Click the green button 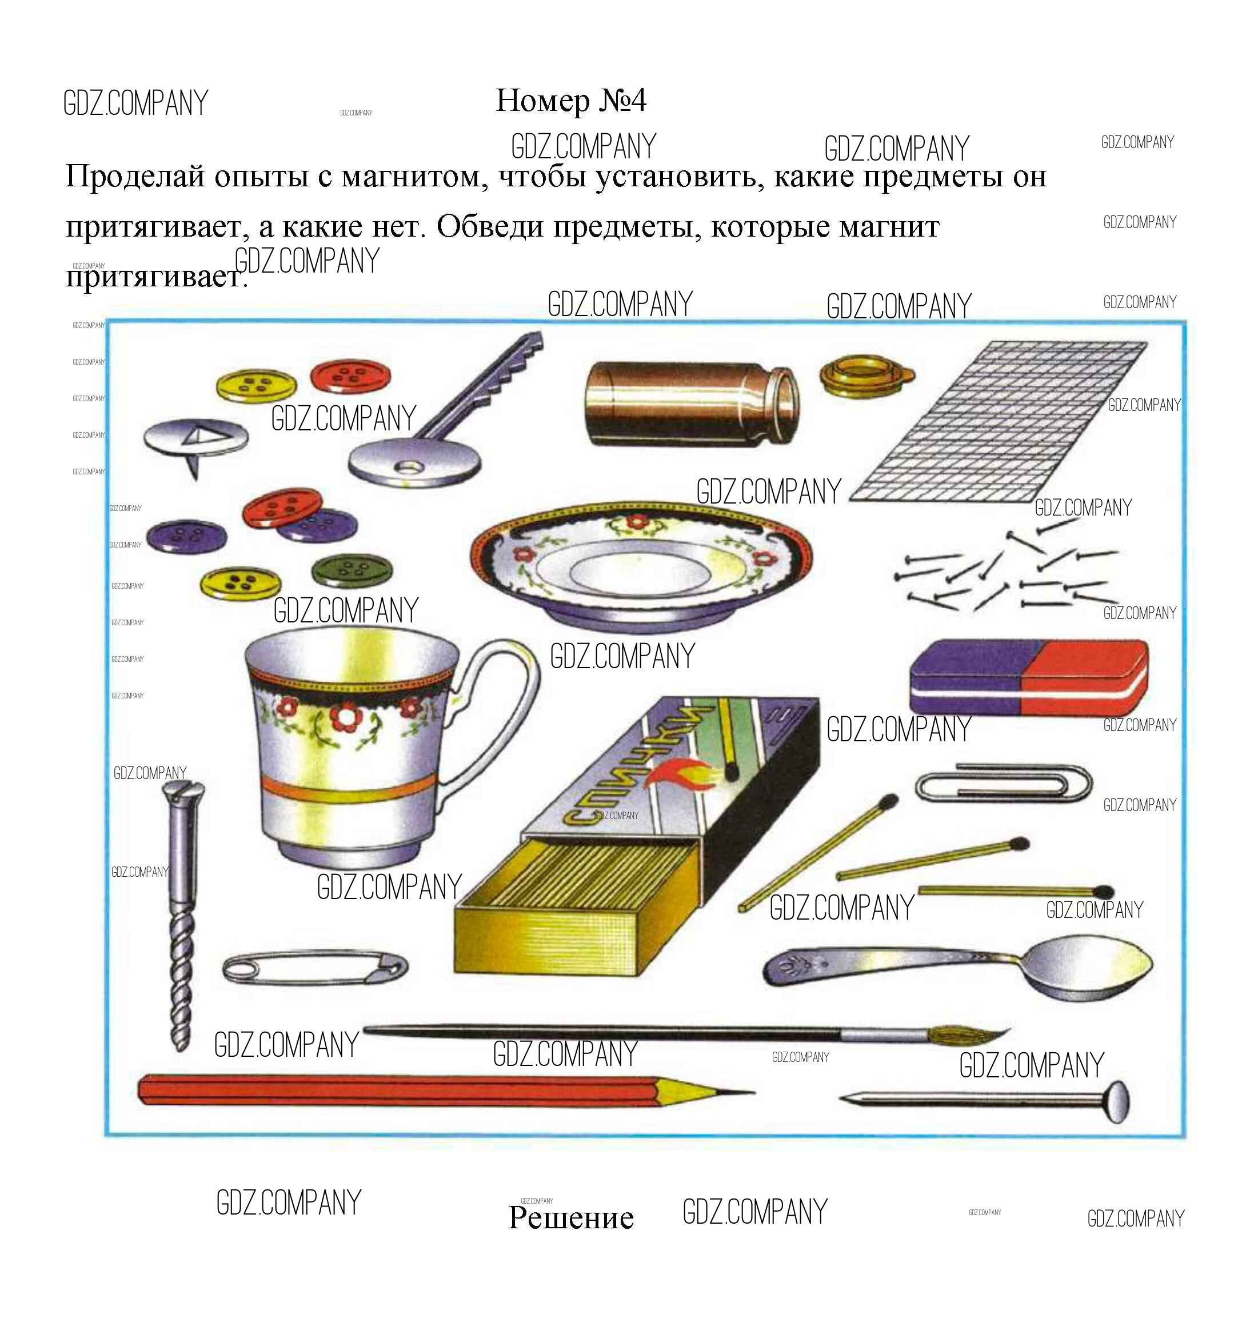coord(353,569)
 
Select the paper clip coord(1004,784)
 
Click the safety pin coord(314,966)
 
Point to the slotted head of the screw coord(183,792)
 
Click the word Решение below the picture coord(571,1217)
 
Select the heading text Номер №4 coord(571,101)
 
